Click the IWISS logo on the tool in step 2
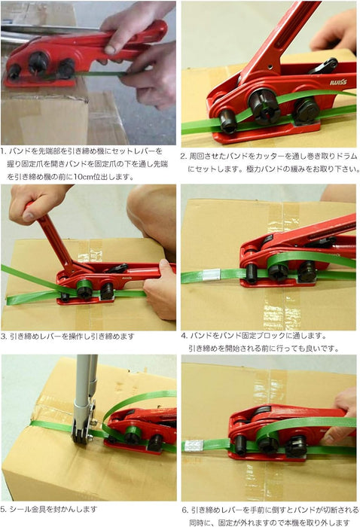(338, 82)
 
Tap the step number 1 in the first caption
(3, 151)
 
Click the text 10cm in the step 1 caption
(82, 176)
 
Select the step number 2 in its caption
(183, 157)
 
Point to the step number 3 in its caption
(3, 336)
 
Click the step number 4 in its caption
(184, 336)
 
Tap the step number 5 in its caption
(3, 509)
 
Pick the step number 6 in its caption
(185, 510)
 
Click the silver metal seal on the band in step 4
(211, 275)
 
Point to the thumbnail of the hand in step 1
(109, 50)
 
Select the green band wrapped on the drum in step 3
(84, 286)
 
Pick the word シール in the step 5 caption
(20, 509)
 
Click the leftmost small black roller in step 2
(228, 121)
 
